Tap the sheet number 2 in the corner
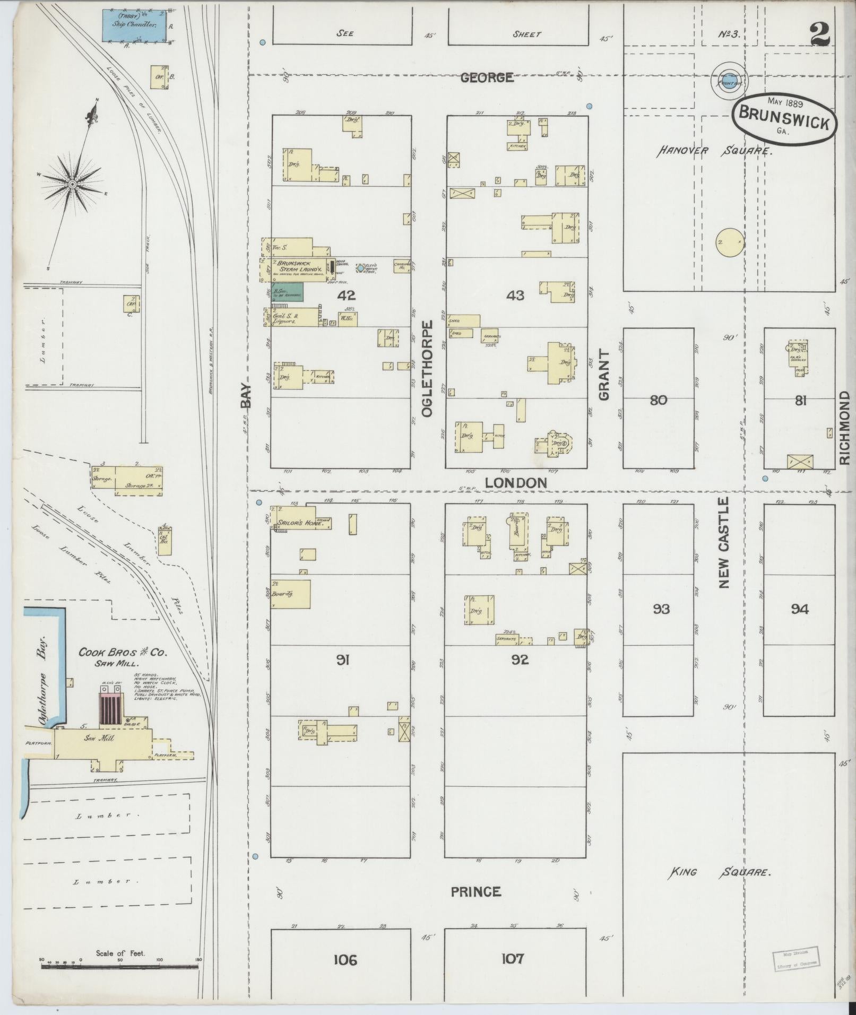pos(820,36)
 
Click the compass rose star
pos(72,184)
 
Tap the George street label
pos(487,77)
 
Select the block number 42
pos(349,295)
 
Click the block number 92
pos(520,660)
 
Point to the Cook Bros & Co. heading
pos(123,653)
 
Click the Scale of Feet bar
pos(120,966)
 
